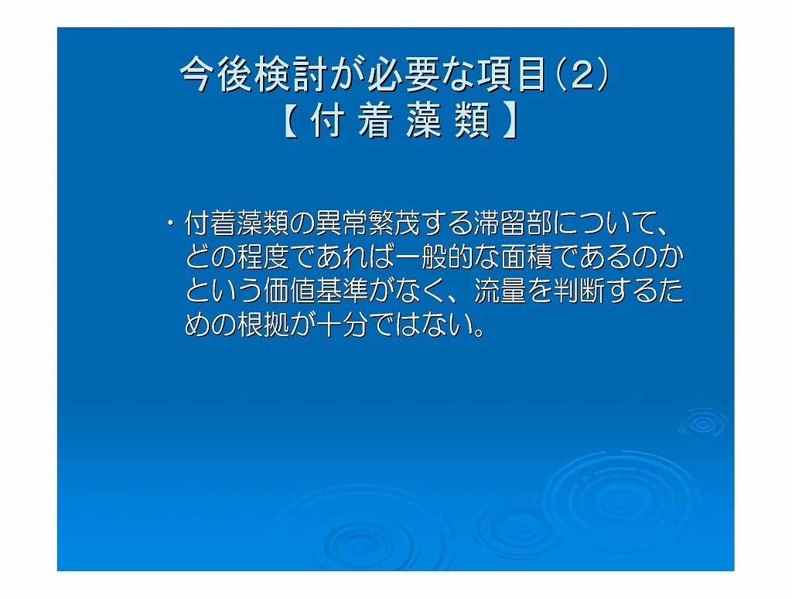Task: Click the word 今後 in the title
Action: [217, 74]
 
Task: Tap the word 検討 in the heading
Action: [290, 74]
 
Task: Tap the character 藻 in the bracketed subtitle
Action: [423, 120]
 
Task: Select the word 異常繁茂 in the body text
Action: [367, 223]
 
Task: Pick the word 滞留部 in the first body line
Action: [512, 223]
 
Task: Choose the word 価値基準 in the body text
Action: [316, 291]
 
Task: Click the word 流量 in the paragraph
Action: [501, 291]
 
